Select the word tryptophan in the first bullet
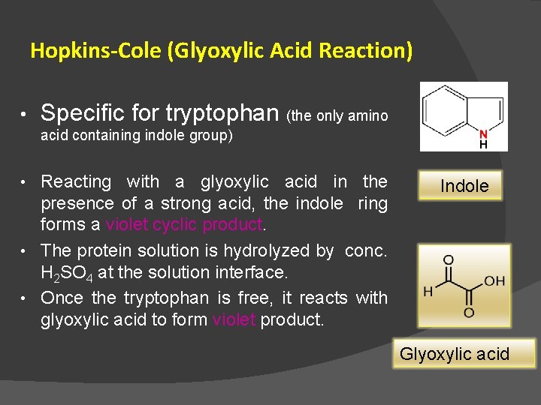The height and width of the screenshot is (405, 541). coord(222,113)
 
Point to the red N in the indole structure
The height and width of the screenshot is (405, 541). coord(483,134)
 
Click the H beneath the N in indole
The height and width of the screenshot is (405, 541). coord(483,145)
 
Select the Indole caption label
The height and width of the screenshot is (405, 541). coord(464,186)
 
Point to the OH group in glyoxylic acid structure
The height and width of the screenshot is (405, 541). coord(494,281)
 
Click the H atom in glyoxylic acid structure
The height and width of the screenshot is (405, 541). coord(428,291)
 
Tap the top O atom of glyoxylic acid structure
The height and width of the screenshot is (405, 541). coord(449,260)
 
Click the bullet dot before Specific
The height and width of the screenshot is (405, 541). coord(23,115)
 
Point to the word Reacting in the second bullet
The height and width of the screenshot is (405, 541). coord(76,181)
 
